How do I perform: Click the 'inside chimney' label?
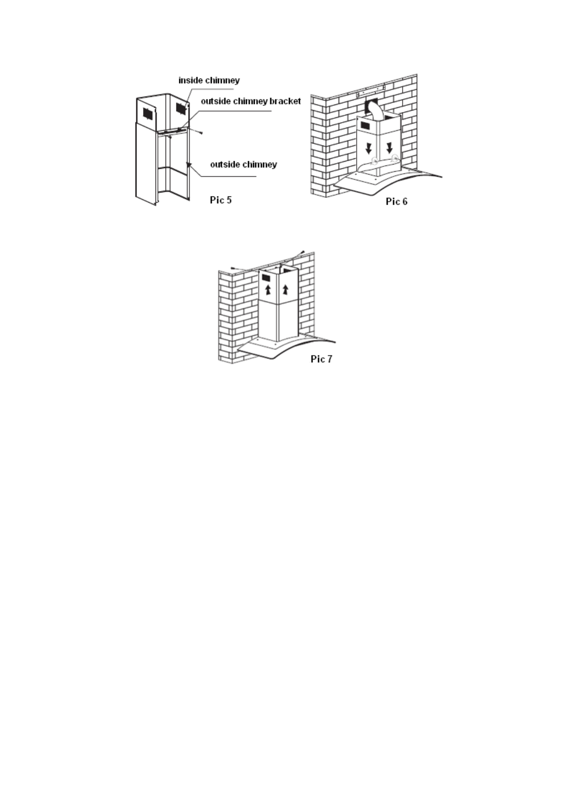208,81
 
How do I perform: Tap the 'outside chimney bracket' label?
250,101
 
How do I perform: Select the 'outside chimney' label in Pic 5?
243,165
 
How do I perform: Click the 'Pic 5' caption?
221,200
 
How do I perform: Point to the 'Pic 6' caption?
396,201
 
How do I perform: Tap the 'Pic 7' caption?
321,359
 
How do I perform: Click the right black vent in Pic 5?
180,108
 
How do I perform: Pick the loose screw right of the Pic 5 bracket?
201,132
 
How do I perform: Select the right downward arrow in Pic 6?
389,146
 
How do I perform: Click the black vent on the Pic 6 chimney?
366,125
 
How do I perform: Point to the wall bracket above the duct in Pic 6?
371,89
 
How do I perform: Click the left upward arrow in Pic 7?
268,289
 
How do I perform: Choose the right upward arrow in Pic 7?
285,289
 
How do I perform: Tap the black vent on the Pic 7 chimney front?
266,278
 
